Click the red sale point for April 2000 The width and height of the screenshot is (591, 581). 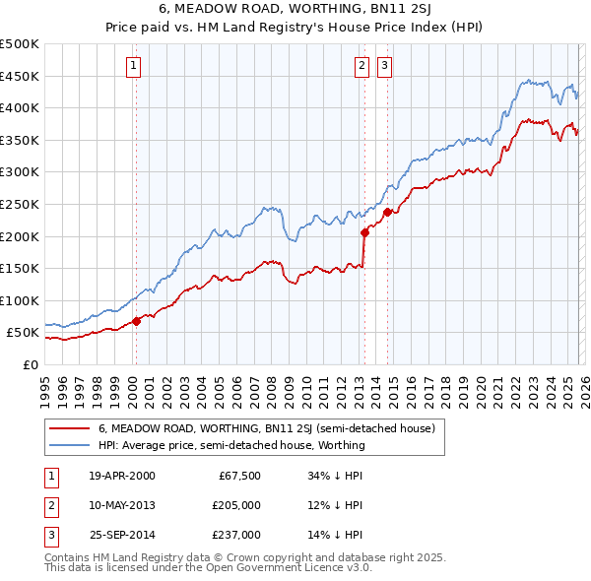coord(136,321)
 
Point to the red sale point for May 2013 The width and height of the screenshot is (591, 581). coord(364,233)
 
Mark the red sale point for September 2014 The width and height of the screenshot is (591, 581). coord(388,212)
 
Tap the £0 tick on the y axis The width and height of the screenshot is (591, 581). coord(30,364)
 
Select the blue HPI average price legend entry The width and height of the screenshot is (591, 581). coord(231,445)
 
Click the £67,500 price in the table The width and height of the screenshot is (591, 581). coord(237,476)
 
